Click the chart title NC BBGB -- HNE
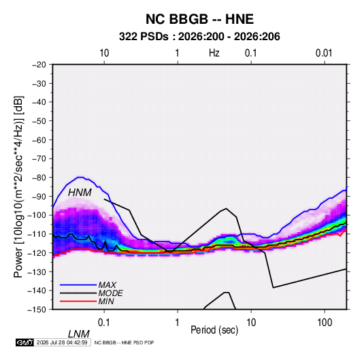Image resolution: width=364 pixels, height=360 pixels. tap(199, 19)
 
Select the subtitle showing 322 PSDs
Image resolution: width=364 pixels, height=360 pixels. tap(199, 37)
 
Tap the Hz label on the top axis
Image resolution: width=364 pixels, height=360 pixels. tap(214, 53)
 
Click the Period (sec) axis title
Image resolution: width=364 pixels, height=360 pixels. tap(214, 330)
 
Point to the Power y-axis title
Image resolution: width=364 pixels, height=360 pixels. tap(18, 186)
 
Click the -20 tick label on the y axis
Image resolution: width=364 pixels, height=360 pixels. tap(39, 65)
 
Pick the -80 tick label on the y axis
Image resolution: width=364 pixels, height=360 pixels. tap(39, 178)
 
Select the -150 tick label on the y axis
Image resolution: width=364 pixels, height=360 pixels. tap(37, 310)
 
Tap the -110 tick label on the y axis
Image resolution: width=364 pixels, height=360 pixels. tap(37, 234)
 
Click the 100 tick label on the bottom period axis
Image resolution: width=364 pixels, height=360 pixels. tap(325, 323)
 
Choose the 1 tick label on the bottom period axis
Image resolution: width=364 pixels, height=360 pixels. tap(178, 323)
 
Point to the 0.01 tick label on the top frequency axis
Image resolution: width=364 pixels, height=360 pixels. tap(324, 53)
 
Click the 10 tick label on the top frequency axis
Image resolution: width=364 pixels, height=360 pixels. tap(104, 53)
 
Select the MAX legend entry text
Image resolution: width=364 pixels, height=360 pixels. tap(107, 285)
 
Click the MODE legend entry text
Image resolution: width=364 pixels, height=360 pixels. tap(110, 293)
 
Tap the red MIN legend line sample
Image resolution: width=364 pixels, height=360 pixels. tap(78, 301)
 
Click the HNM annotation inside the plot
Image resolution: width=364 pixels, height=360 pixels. tap(80, 193)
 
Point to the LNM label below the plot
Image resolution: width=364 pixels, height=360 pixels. tap(79, 334)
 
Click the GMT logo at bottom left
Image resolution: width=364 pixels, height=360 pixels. tap(24, 342)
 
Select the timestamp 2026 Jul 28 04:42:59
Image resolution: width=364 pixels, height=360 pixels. tap(62, 342)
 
